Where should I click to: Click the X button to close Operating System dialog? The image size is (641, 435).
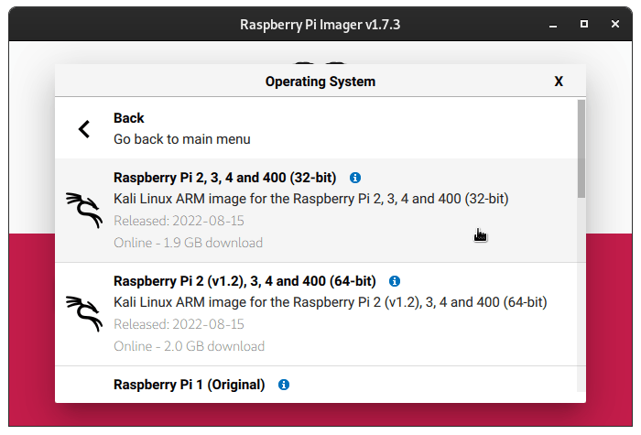pos(559,82)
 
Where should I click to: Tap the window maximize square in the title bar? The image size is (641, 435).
pos(584,24)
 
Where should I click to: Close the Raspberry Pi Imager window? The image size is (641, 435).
pos(615,24)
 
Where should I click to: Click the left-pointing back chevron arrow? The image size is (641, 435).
pos(84,129)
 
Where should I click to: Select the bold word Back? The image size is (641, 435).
pos(129,118)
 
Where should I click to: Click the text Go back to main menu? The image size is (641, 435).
pos(182,139)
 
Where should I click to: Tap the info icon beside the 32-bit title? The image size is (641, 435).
pos(355,178)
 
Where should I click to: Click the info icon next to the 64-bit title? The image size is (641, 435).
pos(395,281)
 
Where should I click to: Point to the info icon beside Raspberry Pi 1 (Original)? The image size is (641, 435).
pos(284,385)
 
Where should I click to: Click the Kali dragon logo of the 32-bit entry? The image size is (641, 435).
pos(84,210)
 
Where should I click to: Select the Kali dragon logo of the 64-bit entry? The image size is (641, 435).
pos(84,313)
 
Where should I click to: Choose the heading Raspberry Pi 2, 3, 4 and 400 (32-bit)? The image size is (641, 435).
pos(225,178)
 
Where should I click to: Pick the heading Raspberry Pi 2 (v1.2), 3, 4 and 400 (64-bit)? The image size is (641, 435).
pos(244,281)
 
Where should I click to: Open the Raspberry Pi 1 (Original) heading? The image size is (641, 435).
pos(190,385)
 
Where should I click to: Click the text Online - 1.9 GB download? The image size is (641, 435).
pos(188,243)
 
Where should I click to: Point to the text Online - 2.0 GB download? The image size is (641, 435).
pos(189,346)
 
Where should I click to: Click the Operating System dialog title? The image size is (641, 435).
pos(320,82)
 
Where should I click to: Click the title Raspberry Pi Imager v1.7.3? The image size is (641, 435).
pos(320,25)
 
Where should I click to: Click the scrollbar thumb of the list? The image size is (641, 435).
pos(581,148)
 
